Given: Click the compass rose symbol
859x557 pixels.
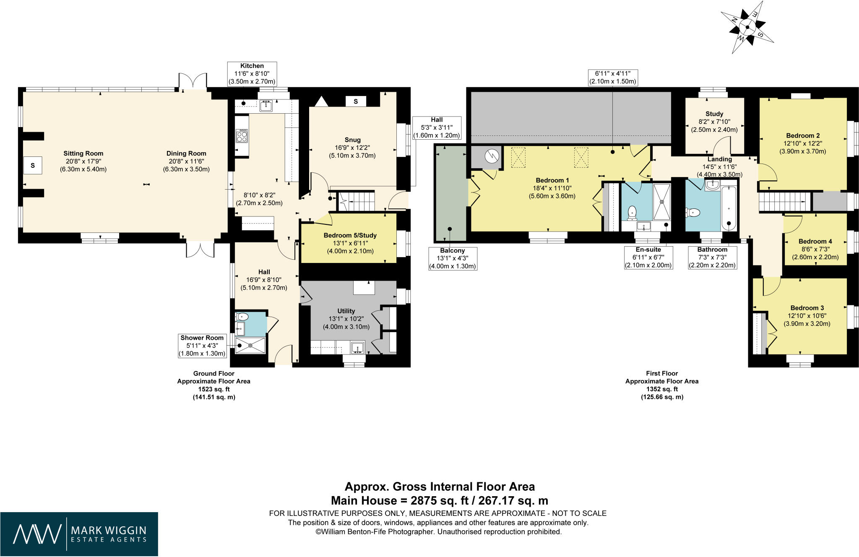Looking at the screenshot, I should click(x=747, y=27).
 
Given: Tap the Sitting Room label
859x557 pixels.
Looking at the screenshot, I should click(x=83, y=154).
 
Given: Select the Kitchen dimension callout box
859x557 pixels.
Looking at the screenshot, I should click(x=252, y=74).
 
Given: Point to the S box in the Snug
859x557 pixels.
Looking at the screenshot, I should click(x=356, y=101).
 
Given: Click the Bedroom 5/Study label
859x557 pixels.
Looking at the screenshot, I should click(x=350, y=235).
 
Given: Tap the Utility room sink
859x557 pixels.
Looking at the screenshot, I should click(x=357, y=347).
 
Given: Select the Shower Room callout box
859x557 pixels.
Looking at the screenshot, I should click(x=202, y=346).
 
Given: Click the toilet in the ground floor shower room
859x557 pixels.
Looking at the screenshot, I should click(x=243, y=317).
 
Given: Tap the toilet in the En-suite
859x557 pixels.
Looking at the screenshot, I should click(x=632, y=212).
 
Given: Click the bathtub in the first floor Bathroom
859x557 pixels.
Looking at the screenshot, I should click(x=729, y=208).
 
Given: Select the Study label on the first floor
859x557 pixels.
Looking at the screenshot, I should click(x=714, y=114).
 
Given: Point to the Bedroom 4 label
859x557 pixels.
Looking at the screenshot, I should click(x=815, y=241).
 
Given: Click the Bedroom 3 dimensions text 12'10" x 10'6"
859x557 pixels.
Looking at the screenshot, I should click(x=807, y=316).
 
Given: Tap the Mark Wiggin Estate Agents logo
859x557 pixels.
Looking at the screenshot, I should click(x=79, y=534).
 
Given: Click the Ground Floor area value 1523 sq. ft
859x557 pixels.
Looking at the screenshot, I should click(x=213, y=389).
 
